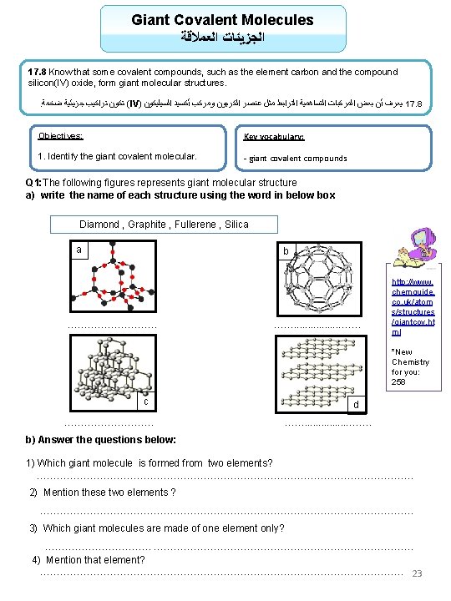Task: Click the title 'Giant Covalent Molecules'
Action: (222, 19)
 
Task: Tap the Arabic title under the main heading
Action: (222, 38)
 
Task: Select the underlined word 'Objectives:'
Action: (61, 135)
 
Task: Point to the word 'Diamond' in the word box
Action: (99, 225)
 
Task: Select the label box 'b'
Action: (286, 251)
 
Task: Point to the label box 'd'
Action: (357, 405)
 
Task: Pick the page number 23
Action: (418, 573)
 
